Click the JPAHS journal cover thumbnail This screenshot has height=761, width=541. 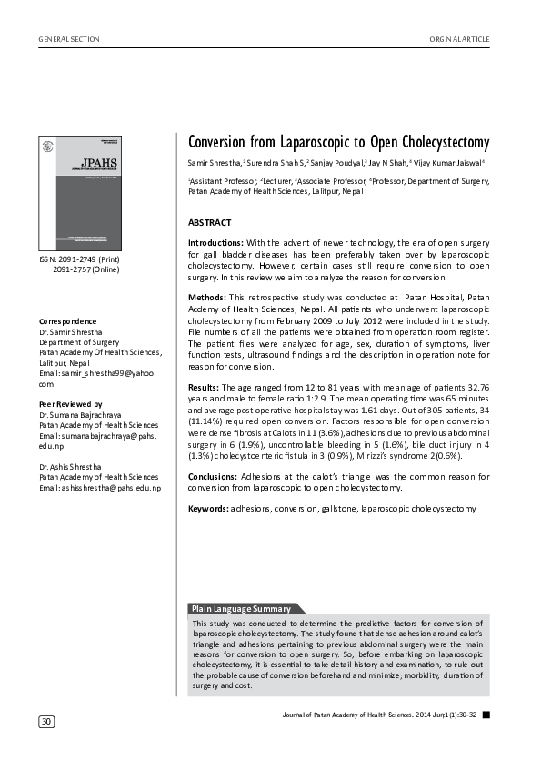coord(77,193)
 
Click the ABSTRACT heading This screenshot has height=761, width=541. coord(209,222)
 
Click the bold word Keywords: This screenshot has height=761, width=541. coord(208,508)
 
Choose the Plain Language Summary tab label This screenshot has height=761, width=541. coord(241,608)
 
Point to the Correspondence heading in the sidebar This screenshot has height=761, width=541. coord(68,322)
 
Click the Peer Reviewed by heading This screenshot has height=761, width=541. coord(71,403)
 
